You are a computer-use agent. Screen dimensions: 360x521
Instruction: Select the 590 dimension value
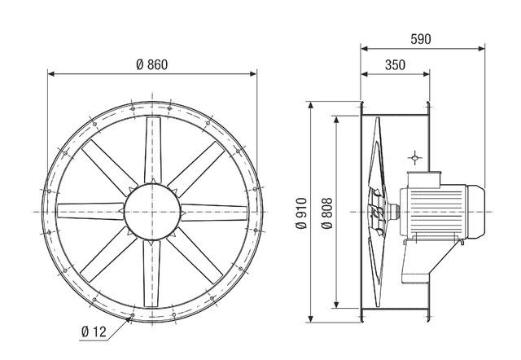[x=420, y=38]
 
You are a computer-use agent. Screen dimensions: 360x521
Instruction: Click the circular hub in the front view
[x=151, y=211]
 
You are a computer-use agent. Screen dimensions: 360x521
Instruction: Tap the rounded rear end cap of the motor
[x=476, y=212]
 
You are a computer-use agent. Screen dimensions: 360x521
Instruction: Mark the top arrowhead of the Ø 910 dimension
[x=311, y=105]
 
